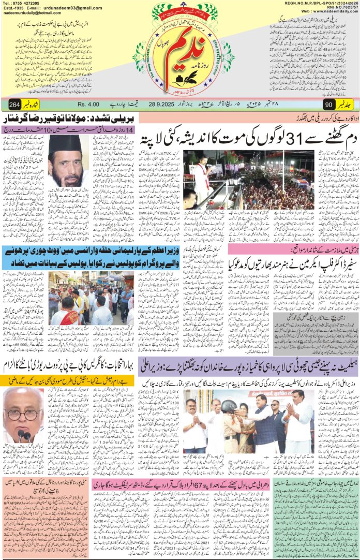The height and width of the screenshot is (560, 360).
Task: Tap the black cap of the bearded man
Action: [x=65, y=143]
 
